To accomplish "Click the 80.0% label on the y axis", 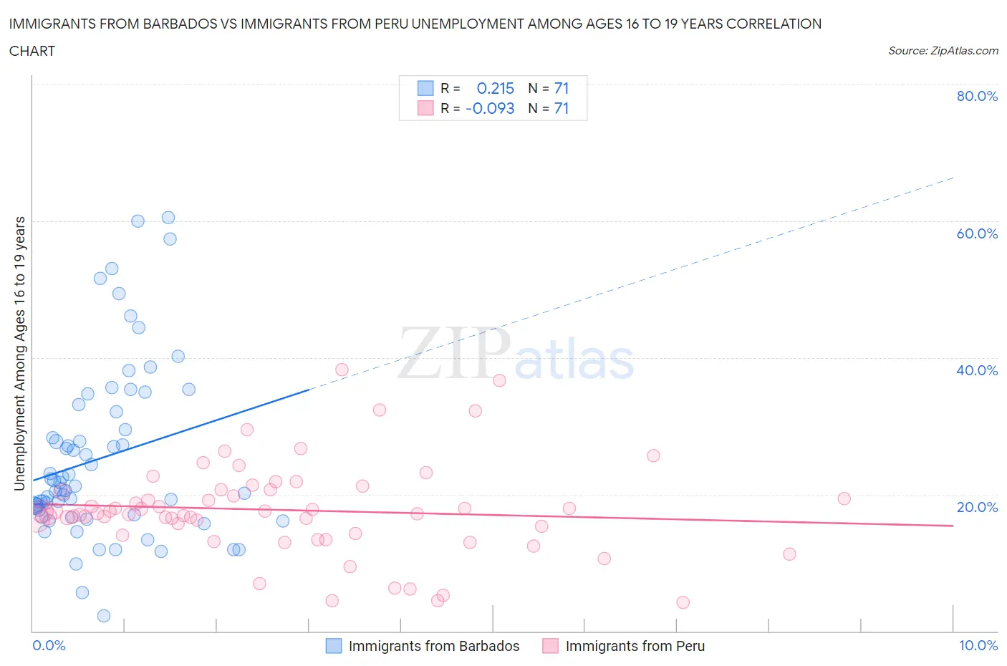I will [x=977, y=96].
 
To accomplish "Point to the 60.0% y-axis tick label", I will [x=977, y=233].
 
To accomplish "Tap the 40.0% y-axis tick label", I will [x=977, y=370].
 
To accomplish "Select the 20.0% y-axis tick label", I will [x=977, y=507].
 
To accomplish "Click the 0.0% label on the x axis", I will [x=49, y=645].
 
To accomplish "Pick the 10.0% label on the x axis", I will [x=978, y=645].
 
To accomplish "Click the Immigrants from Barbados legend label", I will [x=434, y=646].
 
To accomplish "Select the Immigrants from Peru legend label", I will [x=635, y=646].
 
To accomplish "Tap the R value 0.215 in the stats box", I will [x=496, y=88].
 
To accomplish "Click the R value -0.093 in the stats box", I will [x=490, y=108].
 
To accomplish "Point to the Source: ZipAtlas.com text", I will [x=943, y=50].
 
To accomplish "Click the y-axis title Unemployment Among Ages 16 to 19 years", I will [x=20, y=354].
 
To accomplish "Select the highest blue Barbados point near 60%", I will [x=168, y=218].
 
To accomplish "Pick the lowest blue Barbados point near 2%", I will [x=104, y=616].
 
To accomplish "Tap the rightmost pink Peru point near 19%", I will [x=844, y=498].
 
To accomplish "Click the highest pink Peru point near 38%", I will [x=342, y=370].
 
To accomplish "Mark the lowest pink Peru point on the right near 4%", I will [x=683, y=602].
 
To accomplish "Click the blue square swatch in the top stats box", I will [x=425, y=88].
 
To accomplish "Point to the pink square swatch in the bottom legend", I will [x=550, y=646].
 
